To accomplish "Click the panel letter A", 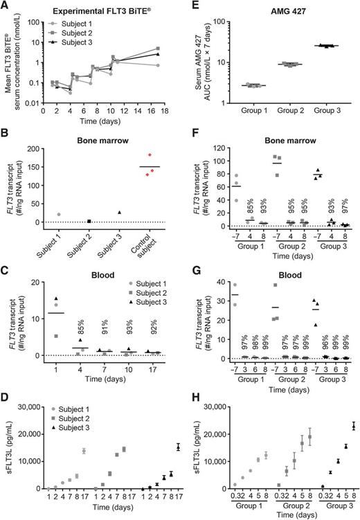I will pyautogui.click(x=6, y=6).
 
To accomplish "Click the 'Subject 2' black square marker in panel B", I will pyautogui.click(x=89, y=221).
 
